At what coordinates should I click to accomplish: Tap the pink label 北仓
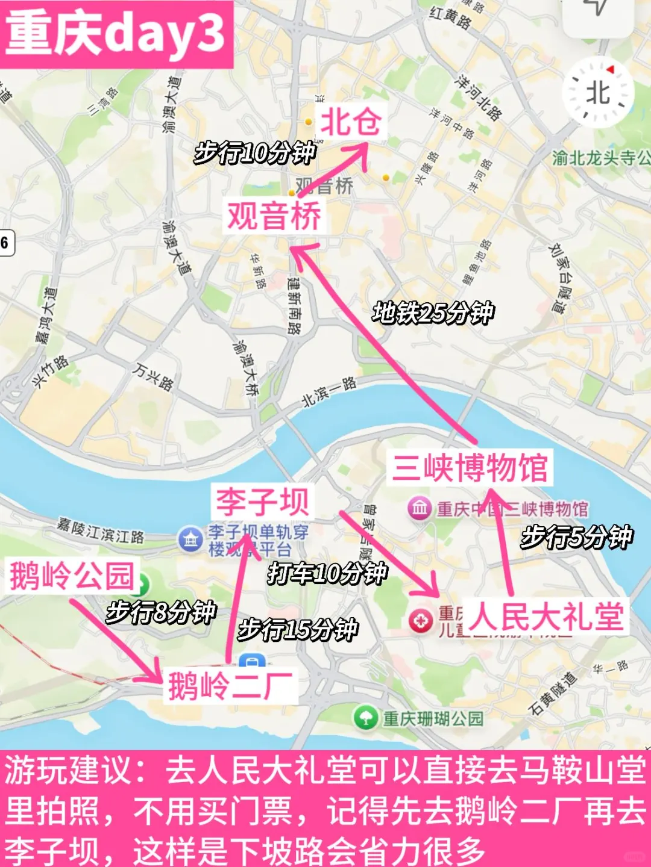coord(351,122)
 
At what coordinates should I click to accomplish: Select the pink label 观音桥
coord(274,216)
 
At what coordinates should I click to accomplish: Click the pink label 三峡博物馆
coord(470,468)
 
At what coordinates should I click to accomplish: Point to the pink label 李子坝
coord(262,502)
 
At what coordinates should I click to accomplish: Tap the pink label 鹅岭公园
coord(72,576)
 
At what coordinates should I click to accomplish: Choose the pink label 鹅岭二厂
coord(230,686)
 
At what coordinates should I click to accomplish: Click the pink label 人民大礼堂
coord(547,617)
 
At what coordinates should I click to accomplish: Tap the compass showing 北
coord(598,93)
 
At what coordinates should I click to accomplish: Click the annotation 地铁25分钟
coord(433,313)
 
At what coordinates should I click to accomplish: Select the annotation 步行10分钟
coord(255,154)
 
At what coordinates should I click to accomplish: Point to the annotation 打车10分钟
coord(327,573)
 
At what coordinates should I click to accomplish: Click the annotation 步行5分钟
coord(577,537)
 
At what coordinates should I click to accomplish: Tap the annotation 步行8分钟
coord(161,612)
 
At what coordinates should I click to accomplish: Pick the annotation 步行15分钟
coord(298,630)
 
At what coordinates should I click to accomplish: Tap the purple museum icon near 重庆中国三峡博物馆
coord(420,509)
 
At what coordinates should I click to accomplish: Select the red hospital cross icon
coord(420,621)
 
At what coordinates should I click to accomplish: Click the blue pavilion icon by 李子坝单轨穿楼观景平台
coord(190,539)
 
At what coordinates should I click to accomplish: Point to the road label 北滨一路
coord(329,391)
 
